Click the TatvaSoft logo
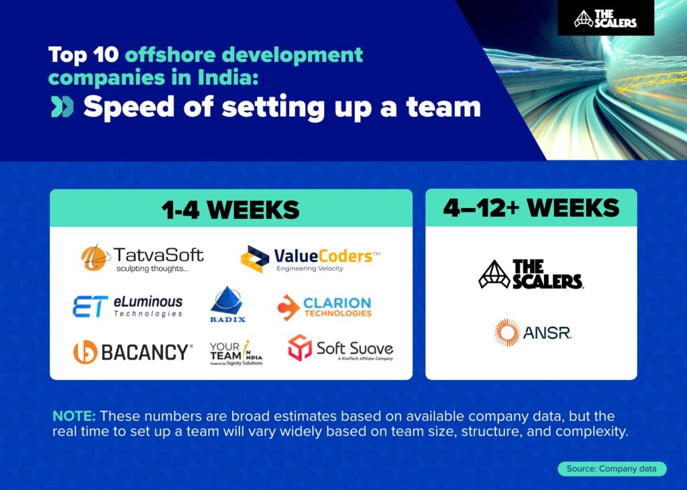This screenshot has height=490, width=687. point(142,258)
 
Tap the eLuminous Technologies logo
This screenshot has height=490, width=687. point(127,305)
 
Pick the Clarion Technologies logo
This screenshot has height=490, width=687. point(324,307)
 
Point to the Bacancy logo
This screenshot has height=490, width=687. point(133,352)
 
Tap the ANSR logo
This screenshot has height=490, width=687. point(533,333)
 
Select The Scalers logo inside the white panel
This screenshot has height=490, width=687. point(531,274)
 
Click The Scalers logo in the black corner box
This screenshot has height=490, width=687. point(605,18)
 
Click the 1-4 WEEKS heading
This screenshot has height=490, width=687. point(230,209)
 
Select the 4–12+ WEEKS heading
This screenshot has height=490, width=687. point(531,208)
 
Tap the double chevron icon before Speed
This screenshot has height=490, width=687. point(62,107)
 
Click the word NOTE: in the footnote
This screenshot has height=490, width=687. point(74,417)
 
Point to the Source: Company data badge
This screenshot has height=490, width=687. point(612,469)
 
